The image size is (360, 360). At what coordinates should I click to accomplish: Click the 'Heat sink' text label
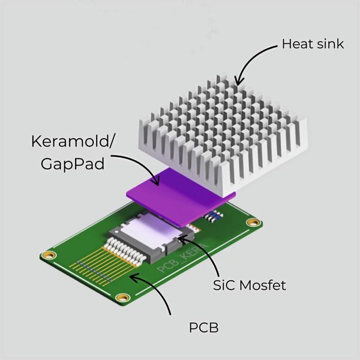pyautogui.click(x=312, y=44)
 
